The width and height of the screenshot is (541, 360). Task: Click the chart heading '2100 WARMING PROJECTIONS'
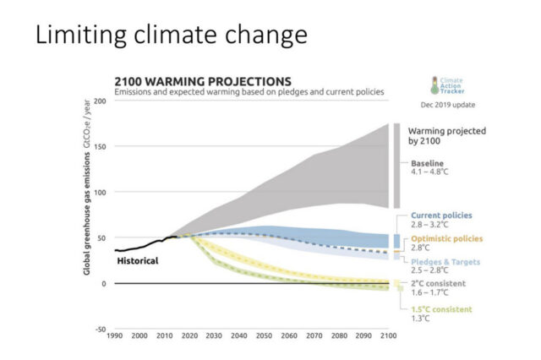[203, 81]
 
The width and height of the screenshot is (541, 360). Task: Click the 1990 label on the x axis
[116, 337]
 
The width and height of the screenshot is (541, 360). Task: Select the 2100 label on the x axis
[387, 337]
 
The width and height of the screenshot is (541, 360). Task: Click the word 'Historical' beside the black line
[137, 261]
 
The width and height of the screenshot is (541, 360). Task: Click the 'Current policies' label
[440, 215]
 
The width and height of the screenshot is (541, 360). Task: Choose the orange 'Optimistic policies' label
[445, 239]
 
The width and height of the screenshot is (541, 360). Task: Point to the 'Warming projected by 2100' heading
[445, 137]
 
